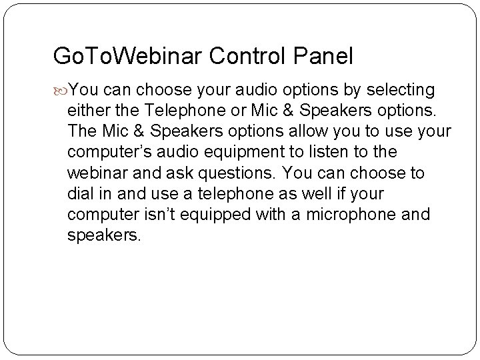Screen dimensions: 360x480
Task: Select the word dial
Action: pos(81,194)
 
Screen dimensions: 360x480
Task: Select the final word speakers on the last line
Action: pos(103,237)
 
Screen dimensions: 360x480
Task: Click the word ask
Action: pos(171,173)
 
